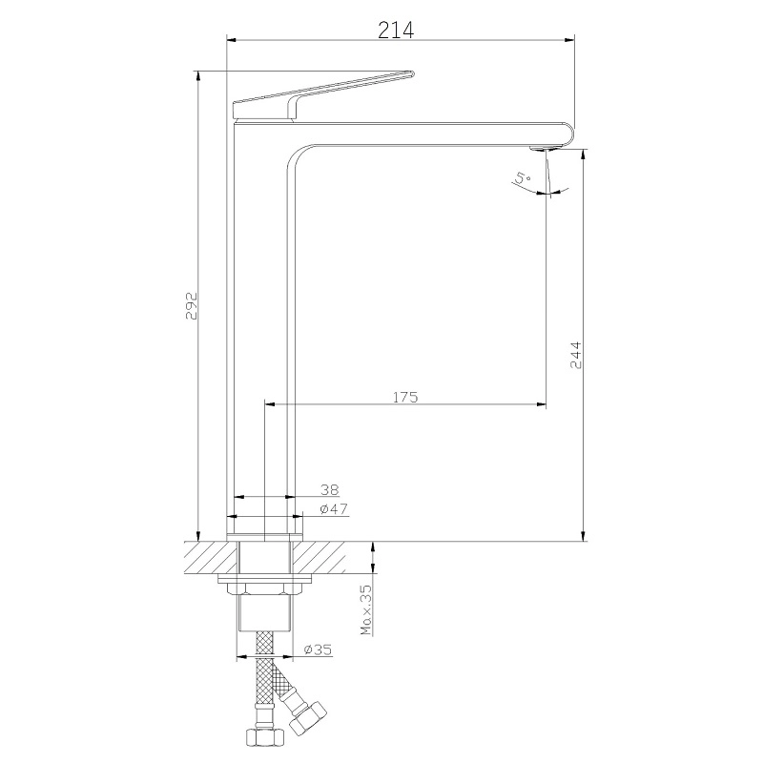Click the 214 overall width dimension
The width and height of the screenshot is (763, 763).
click(396, 31)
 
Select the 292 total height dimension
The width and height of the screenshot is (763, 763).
click(192, 305)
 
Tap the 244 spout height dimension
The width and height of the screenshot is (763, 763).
click(575, 355)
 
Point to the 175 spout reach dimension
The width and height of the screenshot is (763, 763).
click(405, 397)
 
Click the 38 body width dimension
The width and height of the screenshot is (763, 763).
click(329, 489)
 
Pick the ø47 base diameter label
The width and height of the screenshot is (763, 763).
click(334, 509)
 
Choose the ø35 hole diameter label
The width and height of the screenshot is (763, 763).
click(318, 650)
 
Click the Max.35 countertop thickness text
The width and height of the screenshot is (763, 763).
click(366, 609)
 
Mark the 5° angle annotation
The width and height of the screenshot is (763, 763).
click(522, 177)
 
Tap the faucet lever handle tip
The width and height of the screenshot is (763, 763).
click(412, 74)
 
